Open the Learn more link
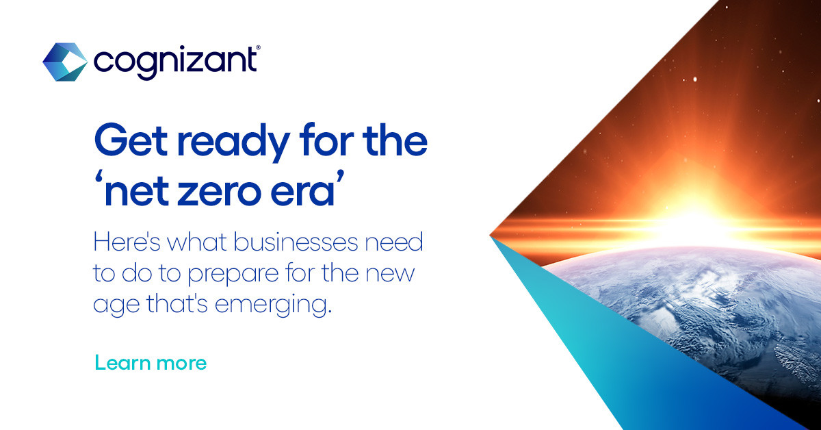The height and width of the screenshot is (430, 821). tap(151, 362)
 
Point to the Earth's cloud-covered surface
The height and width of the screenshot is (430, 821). tap(684, 301)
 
